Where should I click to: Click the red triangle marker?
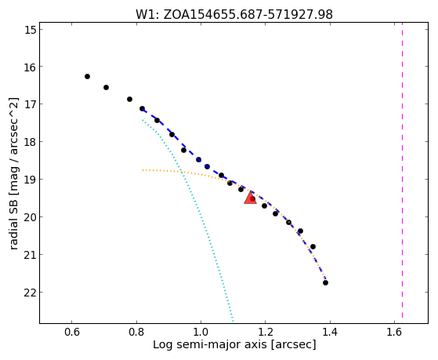point(250,198)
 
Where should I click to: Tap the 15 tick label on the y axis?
point(31,30)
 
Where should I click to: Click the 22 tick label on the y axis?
point(31,293)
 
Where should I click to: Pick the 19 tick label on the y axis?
point(31,180)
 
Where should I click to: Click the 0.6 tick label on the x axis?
point(72,332)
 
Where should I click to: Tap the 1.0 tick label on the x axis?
point(201,332)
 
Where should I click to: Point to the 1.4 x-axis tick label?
point(330,332)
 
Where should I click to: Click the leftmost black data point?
point(87,76)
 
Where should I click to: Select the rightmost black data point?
point(325,283)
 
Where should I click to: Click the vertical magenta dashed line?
point(402,170)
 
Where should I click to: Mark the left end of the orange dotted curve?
point(143,170)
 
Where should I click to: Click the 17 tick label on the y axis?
point(31,104)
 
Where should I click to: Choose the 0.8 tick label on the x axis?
point(136,332)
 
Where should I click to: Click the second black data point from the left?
point(106,88)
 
